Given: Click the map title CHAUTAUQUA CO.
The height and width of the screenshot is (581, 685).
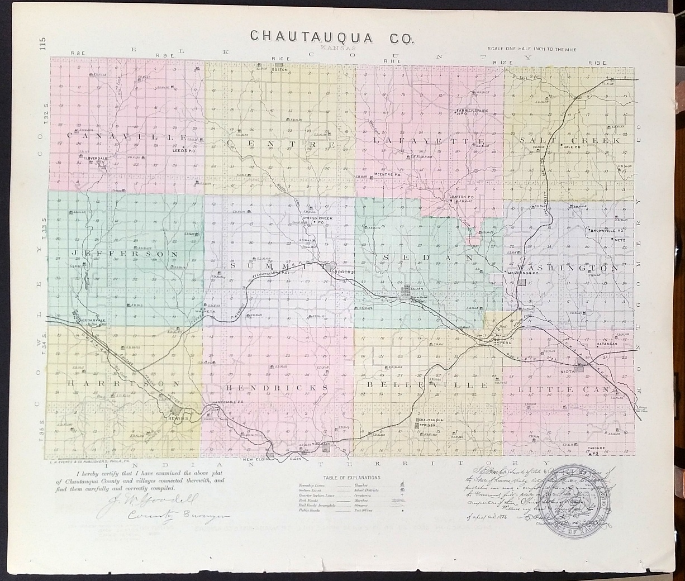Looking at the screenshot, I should pos(332,36).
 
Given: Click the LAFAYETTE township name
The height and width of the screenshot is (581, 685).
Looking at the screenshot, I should pos(429,142).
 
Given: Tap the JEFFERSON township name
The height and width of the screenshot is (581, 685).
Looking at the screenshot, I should pos(125,254).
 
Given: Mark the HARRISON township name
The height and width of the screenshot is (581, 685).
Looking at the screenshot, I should pos(124,384).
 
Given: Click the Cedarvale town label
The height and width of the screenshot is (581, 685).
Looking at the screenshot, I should pos(93,320).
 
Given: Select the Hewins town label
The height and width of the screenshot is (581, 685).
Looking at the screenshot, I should pos(179,417).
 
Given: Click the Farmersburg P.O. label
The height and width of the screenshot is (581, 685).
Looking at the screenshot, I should pos(472,112).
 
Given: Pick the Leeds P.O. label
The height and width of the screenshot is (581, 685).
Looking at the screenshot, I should pos(183,150).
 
